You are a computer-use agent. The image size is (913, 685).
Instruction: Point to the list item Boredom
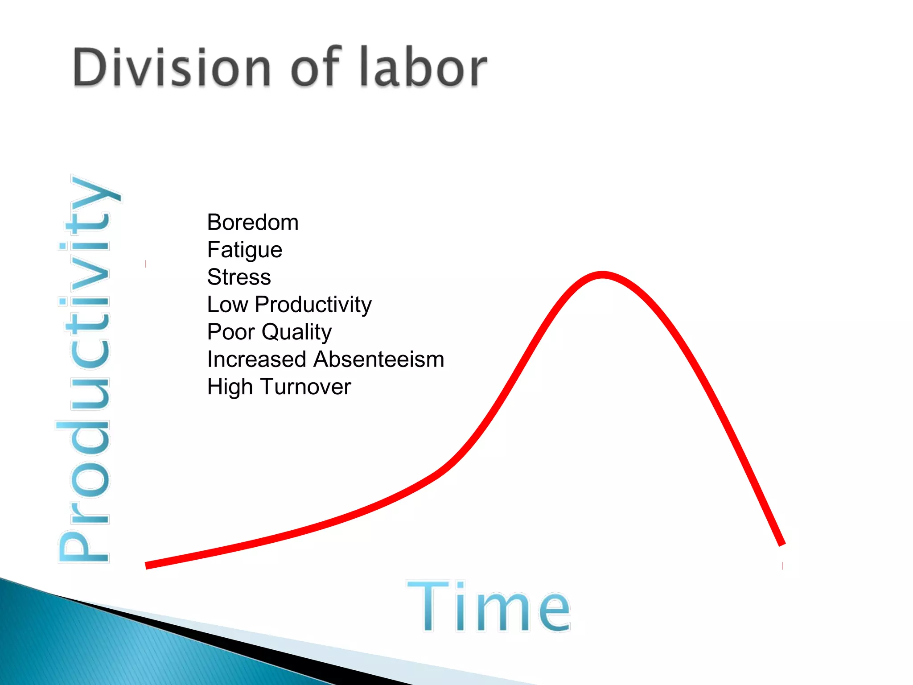(253, 223)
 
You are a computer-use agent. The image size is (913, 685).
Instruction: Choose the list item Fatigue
(245, 250)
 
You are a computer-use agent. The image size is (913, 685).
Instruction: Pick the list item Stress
(239, 277)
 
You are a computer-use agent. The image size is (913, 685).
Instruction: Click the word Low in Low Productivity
(227, 305)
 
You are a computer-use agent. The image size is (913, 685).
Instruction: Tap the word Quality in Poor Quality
(297, 332)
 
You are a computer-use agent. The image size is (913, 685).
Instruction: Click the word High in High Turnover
(230, 387)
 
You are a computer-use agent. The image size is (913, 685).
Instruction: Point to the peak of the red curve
(602, 274)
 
